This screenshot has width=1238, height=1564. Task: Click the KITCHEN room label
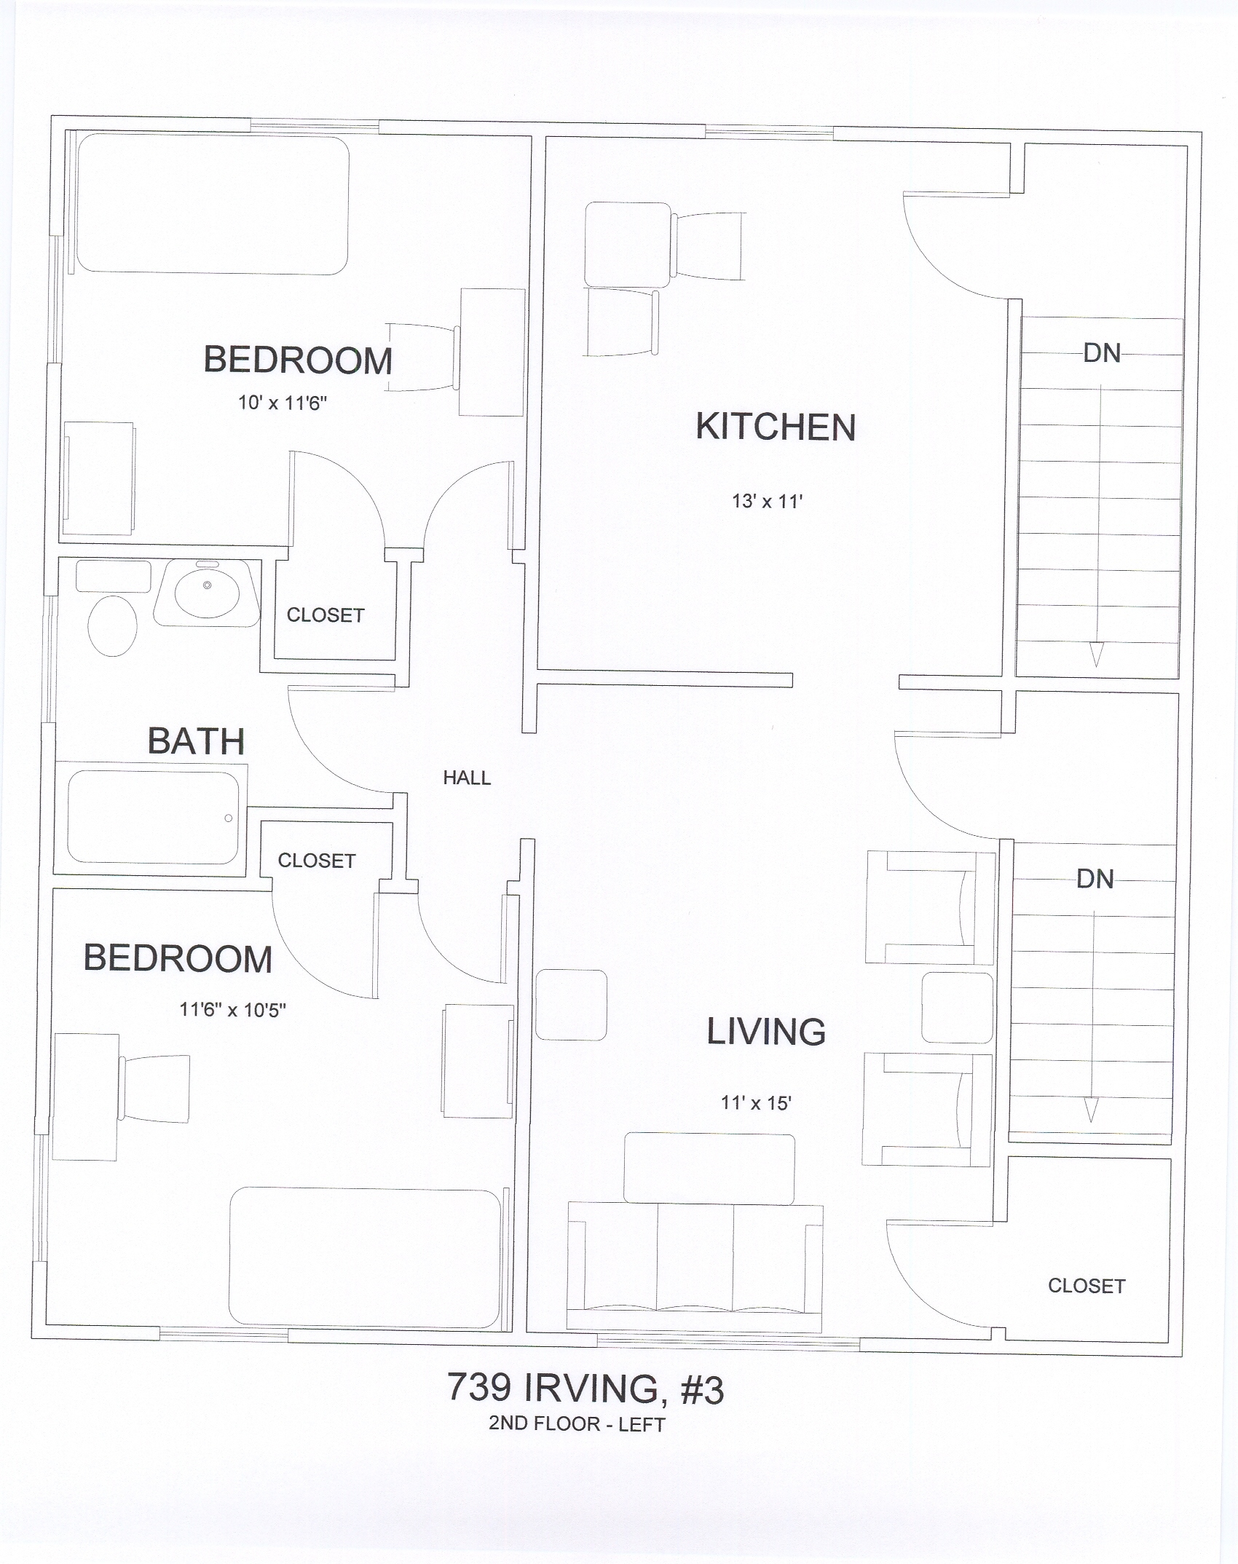click(776, 427)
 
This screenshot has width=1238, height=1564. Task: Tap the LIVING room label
click(766, 1031)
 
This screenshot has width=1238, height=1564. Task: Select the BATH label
click(196, 741)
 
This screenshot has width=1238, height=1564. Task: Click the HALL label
click(467, 778)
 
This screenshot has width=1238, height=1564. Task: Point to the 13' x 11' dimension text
click(767, 501)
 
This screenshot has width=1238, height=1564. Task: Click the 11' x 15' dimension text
click(756, 1102)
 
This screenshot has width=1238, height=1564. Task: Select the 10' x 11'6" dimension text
click(283, 403)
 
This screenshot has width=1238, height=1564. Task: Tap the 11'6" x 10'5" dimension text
click(232, 1010)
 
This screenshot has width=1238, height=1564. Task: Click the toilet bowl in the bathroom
click(113, 625)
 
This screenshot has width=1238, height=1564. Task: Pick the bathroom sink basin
click(208, 591)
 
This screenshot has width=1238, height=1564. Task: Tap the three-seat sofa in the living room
click(694, 1266)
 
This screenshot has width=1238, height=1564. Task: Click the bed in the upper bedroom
click(213, 204)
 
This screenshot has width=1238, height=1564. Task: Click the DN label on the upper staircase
click(1102, 353)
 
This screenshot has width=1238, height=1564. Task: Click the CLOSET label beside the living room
click(1087, 1286)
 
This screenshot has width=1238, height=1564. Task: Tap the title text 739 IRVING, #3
click(586, 1389)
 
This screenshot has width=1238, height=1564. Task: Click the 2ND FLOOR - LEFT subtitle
click(577, 1424)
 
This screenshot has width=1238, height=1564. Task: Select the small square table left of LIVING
click(571, 1005)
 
